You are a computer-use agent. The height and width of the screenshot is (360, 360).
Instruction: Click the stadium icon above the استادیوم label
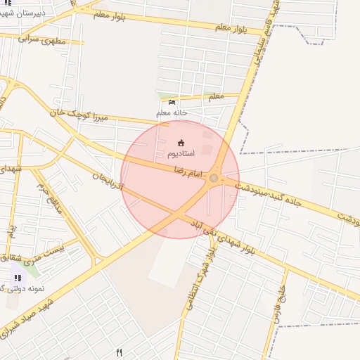pos(181,143)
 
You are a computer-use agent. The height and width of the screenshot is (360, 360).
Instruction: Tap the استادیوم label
pos(181,153)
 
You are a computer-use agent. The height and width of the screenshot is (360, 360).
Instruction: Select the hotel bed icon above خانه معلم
pos(172,103)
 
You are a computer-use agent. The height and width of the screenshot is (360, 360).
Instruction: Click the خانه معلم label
pos(172,112)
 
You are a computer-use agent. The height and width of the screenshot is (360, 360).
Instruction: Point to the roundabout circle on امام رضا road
pos(214,178)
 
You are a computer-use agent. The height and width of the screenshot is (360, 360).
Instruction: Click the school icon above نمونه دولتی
pos(18,278)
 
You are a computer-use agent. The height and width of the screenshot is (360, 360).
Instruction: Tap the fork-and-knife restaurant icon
pos(119,353)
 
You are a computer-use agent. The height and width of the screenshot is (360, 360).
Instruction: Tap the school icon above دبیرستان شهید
pos(9,3)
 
